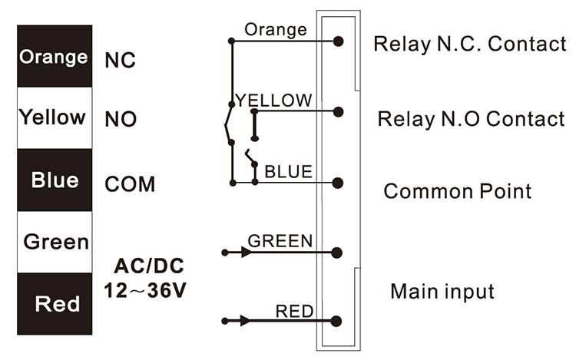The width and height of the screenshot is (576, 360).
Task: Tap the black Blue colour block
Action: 54,180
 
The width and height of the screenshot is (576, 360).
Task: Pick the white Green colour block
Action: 54,242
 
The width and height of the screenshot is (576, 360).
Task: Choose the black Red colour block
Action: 54,304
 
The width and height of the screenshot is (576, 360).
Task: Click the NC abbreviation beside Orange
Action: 120,61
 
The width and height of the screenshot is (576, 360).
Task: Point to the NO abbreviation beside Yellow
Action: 121,121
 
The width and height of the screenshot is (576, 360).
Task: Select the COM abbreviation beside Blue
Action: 130,184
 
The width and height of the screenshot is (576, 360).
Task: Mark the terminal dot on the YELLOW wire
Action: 338,111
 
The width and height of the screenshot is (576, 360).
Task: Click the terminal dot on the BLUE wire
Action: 338,183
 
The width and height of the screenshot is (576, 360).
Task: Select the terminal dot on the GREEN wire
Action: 338,252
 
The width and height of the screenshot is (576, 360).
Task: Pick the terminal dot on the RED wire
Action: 338,321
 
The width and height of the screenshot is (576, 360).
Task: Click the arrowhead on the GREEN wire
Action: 245,252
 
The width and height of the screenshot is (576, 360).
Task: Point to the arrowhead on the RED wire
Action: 245,321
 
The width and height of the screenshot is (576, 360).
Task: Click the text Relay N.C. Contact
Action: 469,44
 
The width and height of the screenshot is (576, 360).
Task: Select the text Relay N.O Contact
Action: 471,120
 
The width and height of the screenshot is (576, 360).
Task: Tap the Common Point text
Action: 457,190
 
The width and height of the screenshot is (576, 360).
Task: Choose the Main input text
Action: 442,292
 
